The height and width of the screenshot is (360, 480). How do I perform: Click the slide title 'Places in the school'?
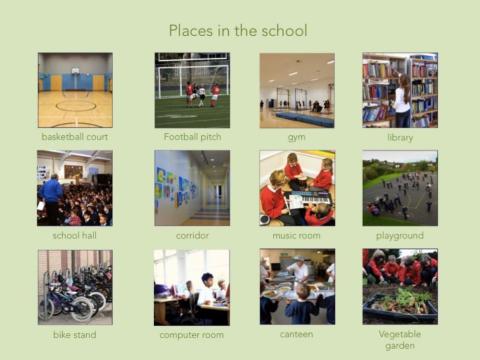coord(238,31)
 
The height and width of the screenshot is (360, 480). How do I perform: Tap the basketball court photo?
coord(75,90)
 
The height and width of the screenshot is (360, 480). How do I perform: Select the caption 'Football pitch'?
coord(192,136)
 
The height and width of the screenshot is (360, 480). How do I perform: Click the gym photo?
coord(297,90)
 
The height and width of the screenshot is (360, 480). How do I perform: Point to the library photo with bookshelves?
coord(400,90)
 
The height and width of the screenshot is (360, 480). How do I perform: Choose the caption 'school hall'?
coord(75,235)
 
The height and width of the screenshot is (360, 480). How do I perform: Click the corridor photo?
coord(192,188)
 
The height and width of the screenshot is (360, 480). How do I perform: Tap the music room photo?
coord(297,188)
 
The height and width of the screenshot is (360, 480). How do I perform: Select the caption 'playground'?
coord(400,235)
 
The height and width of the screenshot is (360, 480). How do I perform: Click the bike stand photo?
coord(75,286)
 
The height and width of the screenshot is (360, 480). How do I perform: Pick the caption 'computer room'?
coord(192,334)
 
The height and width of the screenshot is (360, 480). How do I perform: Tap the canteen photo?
coord(297,286)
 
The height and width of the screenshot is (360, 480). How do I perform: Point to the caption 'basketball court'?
coord(75,136)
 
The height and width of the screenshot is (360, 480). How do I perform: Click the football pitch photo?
coord(192,90)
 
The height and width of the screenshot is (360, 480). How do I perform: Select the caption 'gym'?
coord(297,137)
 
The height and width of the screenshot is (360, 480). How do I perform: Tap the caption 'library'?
coord(400,137)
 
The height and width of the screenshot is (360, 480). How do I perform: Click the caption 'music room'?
coord(297,235)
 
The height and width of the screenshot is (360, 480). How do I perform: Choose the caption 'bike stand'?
coord(75,334)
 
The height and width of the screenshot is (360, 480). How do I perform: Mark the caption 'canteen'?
coord(297,334)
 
